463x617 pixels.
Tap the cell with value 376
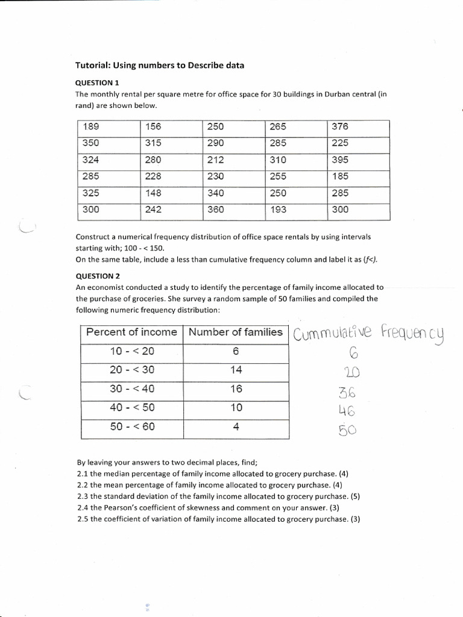click(340, 127)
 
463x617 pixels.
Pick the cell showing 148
click(154, 193)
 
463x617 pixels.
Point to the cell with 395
click(340, 160)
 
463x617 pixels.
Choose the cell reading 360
click(215, 210)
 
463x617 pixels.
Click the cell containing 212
click(215, 160)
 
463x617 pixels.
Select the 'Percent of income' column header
click(131, 332)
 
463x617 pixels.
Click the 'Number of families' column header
click(236, 332)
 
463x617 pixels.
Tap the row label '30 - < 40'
click(132, 389)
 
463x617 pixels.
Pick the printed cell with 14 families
click(236, 370)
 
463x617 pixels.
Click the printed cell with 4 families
click(236, 427)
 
